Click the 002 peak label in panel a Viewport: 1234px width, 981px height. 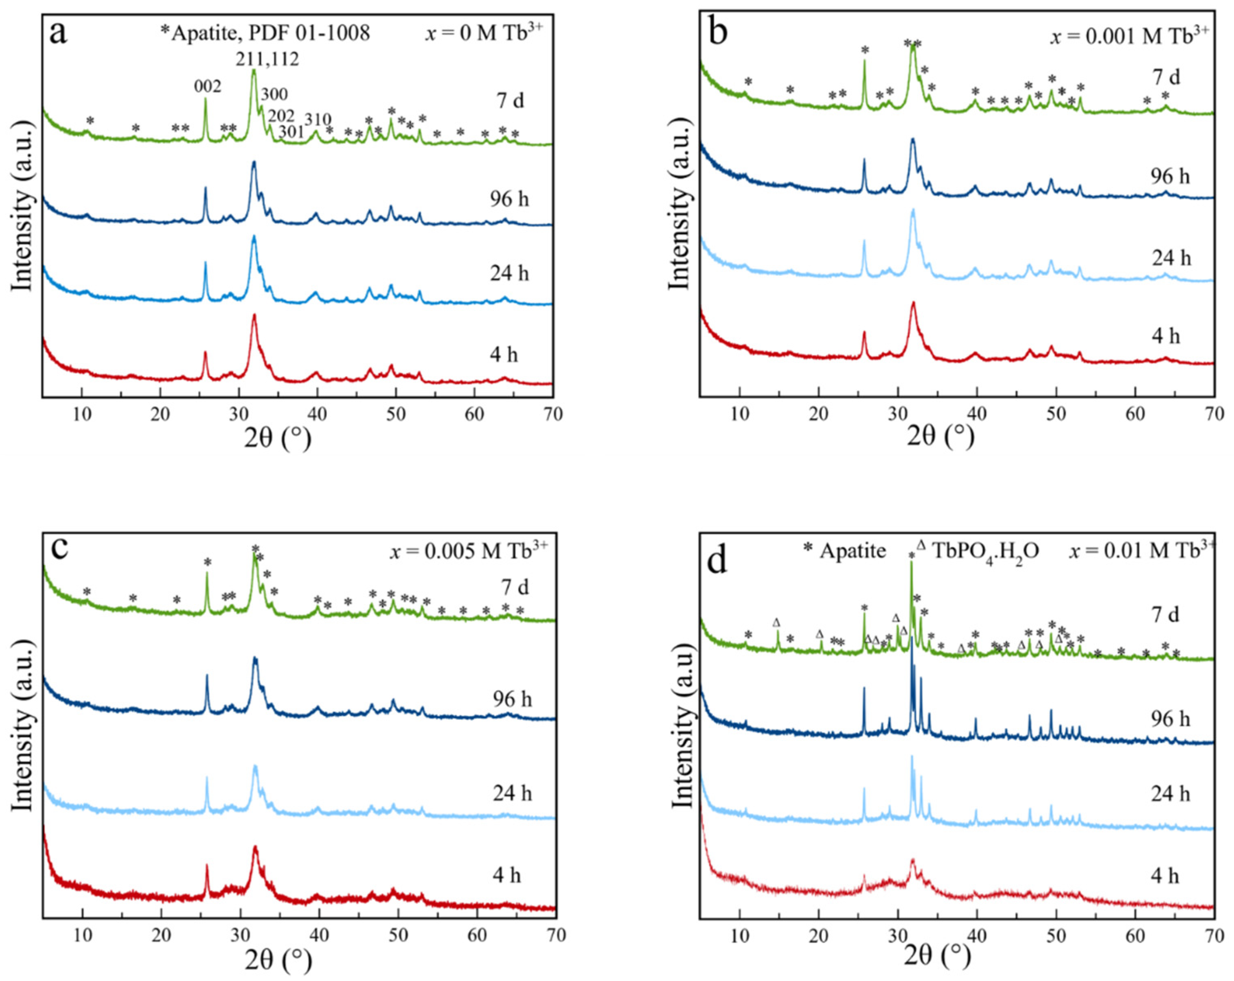tap(207, 86)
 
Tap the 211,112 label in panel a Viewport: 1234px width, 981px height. tap(267, 58)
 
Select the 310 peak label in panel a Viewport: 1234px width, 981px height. tap(318, 119)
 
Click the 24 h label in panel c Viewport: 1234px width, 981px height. tap(512, 793)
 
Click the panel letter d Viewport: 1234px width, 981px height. tap(718, 561)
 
